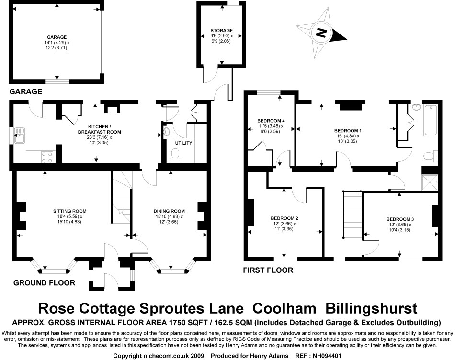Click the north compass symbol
pos(321,33)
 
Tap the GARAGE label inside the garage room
pos(57,37)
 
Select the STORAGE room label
pos(221,31)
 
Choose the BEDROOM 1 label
pos(348,130)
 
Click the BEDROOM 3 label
pos(400,219)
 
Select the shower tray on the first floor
pos(430,181)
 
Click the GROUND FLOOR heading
pos(44,283)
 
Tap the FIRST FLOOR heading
pos(268,270)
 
